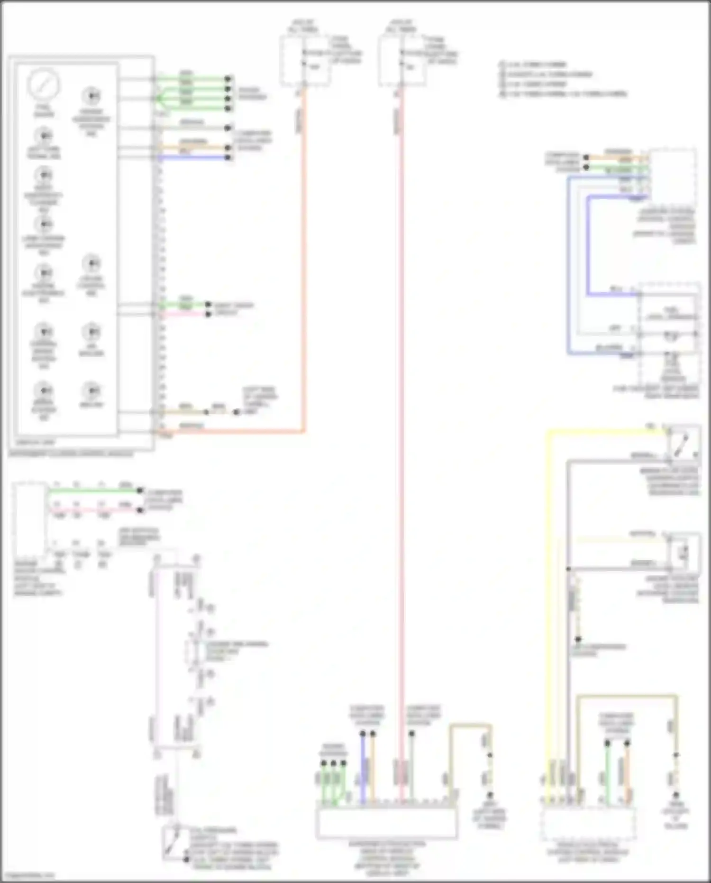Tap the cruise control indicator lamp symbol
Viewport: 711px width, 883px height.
[91, 263]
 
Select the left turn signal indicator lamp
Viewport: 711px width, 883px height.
[44, 136]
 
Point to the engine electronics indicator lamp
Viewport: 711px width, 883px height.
[44, 273]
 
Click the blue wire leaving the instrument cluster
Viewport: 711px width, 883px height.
[194, 158]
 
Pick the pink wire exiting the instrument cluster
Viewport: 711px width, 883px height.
[185, 314]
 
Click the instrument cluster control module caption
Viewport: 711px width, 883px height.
[71, 454]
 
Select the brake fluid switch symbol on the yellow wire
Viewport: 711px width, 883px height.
[683, 444]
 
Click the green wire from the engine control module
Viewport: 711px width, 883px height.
[95, 491]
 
